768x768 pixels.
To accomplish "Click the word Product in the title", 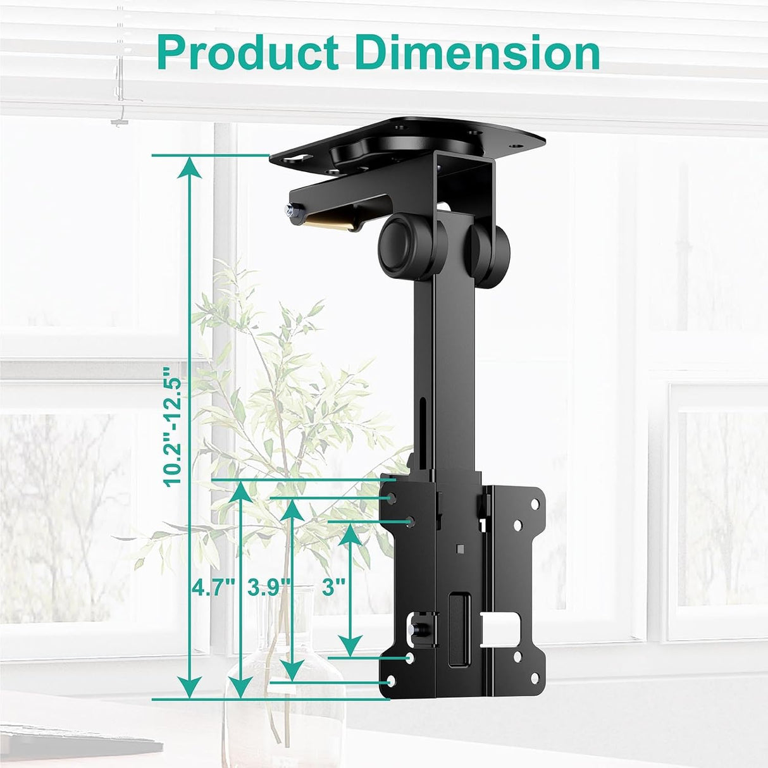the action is [x=247, y=53].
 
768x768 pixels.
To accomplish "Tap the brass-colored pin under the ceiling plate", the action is [x=328, y=221].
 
